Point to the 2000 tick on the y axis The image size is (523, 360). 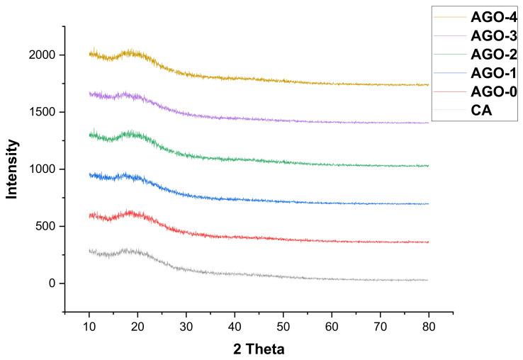tap(43, 55)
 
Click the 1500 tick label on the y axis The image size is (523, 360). tap(43, 112)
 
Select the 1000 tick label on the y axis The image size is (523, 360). tap(43, 169)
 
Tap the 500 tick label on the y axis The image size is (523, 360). tap(46, 227)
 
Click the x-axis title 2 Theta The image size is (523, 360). tap(259, 349)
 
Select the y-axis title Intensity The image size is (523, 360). tap(12, 169)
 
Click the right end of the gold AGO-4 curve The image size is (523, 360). tap(429, 85)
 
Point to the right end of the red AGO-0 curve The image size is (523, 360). tap(429, 242)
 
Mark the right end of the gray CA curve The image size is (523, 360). tap(427, 281)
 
